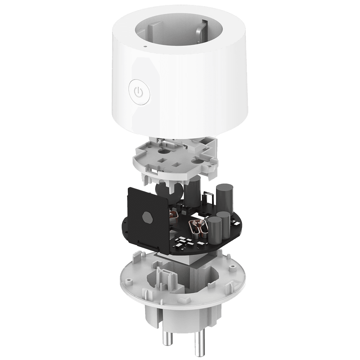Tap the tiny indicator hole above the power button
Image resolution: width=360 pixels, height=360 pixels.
pos(144,46)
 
